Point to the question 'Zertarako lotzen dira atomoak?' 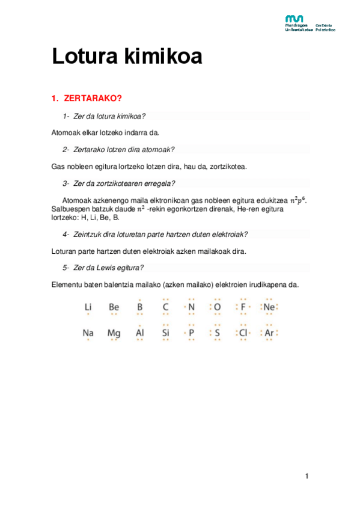(123, 149)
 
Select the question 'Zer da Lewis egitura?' (108, 267)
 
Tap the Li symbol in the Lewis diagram (88, 307)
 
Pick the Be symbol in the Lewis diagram (114, 307)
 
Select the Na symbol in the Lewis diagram (88, 332)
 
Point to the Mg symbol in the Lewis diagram (114, 332)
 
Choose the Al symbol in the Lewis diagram (139, 332)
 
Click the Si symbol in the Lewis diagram (166, 332)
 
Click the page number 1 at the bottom (307, 476)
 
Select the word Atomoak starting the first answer (67, 132)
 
